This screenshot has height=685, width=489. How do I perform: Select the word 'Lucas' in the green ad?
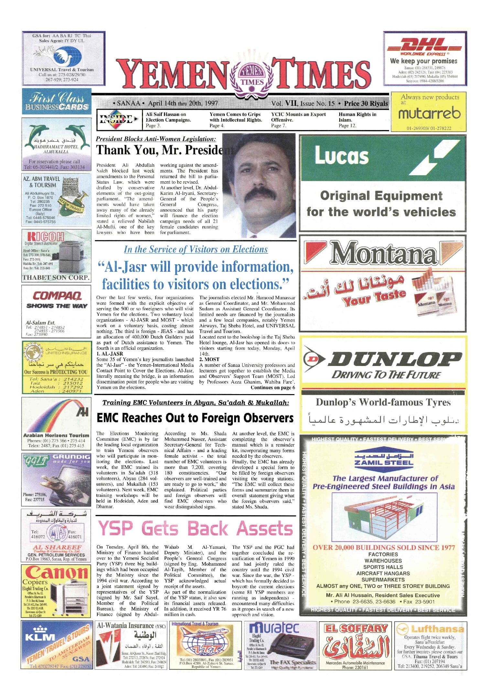click(342, 156)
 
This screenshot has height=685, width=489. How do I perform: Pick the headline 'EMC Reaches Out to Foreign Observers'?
click(195, 418)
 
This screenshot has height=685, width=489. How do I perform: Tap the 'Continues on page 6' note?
click(273, 388)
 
